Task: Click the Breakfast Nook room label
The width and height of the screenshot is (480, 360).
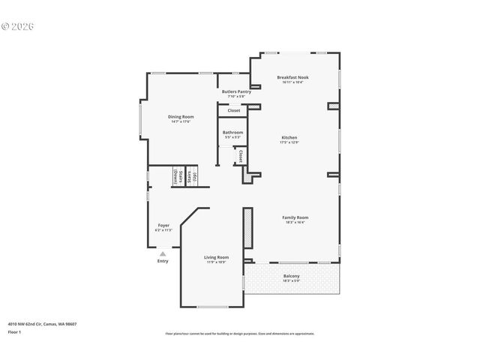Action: pos(292,77)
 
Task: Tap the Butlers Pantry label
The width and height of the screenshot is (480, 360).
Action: pos(236,91)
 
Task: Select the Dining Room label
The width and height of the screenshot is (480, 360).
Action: pos(180,117)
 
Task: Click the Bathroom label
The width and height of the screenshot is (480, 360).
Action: pos(232,133)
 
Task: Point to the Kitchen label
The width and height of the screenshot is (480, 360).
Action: pos(289,138)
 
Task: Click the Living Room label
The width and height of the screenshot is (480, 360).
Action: pos(217,257)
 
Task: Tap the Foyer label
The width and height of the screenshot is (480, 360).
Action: pos(163,225)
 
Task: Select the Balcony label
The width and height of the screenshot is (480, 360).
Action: pos(292,276)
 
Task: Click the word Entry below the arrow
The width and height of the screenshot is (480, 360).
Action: pos(163,261)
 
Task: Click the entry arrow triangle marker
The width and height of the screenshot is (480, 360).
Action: pos(163,253)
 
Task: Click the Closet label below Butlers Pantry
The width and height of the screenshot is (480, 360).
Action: pos(234,110)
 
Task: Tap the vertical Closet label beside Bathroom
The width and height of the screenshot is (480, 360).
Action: pos(240,156)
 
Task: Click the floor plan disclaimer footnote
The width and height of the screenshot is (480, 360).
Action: pos(240,334)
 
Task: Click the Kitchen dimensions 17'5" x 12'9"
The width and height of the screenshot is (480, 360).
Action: pos(289,142)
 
